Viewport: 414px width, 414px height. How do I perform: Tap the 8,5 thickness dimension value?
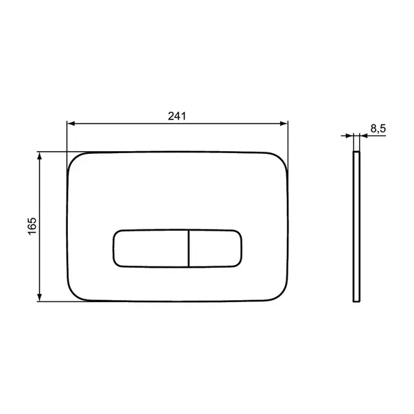coord(377,128)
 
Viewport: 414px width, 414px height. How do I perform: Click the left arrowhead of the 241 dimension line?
coord(70,124)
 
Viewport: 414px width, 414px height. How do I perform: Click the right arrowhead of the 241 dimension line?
coord(284,124)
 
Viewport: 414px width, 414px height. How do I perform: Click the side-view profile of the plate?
coord(355,227)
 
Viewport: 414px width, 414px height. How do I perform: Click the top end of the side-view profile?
coord(355,153)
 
